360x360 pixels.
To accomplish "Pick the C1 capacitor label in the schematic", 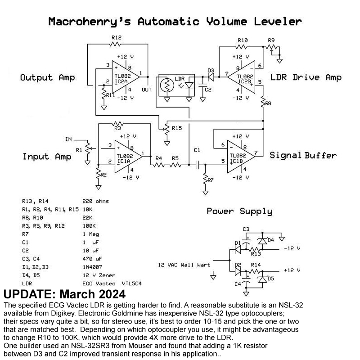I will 197,149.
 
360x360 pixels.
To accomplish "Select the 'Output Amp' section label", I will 47,78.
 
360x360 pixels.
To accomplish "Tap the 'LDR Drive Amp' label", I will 306,77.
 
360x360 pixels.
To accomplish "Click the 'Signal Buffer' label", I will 303,155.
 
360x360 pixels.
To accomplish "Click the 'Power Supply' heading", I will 239,211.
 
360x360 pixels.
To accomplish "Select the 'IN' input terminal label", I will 68,139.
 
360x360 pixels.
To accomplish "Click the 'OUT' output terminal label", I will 147,89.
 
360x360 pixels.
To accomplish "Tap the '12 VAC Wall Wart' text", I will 184,265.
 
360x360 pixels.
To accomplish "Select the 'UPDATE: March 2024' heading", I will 64,295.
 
